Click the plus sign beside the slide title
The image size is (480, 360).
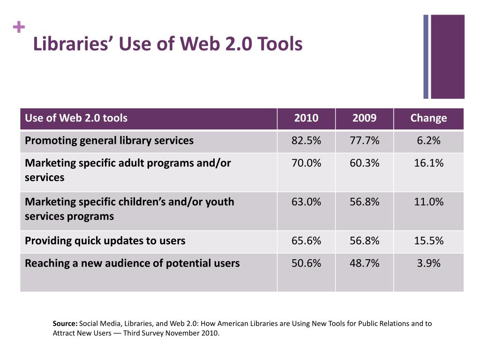click(19, 28)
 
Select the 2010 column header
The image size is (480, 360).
click(306, 118)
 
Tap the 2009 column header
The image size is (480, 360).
click(364, 118)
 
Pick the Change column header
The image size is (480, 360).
click(428, 118)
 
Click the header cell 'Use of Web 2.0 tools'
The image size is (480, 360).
click(76, 118)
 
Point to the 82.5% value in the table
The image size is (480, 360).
click(306, 141)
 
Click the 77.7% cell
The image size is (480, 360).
click(364, 141)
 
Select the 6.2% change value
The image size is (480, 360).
click(428, 141)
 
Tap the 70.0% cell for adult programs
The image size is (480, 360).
click(306, 163)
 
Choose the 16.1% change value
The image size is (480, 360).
click(428, 163)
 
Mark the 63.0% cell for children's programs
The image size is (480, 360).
click(306, 202)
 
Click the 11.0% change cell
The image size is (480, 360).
click(428, 202)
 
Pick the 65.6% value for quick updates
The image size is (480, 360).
click(306, 241)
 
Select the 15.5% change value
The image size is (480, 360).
click(428, 241)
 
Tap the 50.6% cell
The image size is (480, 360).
click(306, 263)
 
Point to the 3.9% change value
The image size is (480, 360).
click(428, 263)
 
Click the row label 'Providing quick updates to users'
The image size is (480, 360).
click(105, 241)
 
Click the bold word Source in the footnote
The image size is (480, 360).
click(65, 323)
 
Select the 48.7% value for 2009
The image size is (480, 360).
click(364, 263)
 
